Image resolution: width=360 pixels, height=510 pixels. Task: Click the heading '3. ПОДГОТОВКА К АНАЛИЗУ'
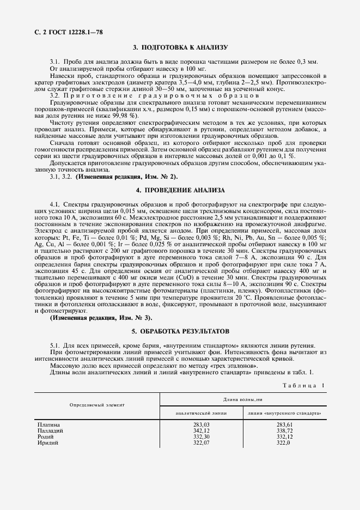pos(180,48)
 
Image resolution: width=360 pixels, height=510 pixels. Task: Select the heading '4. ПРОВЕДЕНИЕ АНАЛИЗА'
pos(180,190)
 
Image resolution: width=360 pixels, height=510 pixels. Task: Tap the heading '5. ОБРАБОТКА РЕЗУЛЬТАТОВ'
pos(180,331)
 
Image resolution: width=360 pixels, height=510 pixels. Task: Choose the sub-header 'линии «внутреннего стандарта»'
pos(284,413)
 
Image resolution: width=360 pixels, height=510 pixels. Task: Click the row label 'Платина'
pos(48,425)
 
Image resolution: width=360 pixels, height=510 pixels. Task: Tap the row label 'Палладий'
pos(50,431)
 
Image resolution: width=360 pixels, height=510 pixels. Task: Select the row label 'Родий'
pos(46,437)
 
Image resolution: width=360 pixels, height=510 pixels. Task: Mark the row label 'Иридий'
pos(47,443)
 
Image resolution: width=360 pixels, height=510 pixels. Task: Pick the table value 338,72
pos(284,431)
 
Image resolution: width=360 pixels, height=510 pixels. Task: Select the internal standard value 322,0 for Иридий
pos(284,443)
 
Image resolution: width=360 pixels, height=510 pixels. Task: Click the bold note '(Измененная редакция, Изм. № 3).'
pos(101,318)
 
